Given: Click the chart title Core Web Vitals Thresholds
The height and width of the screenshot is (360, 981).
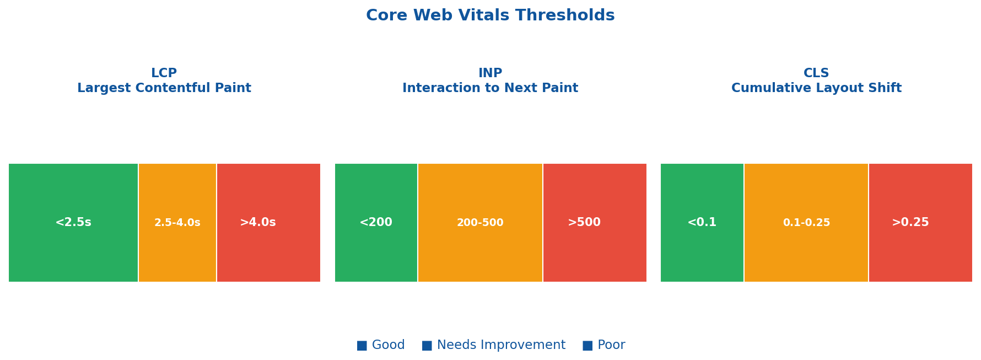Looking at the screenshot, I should tap(490, 15).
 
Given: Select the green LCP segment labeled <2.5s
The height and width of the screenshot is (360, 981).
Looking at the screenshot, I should tap(73, 223).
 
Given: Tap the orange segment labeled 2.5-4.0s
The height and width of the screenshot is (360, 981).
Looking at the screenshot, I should tap(177, 223).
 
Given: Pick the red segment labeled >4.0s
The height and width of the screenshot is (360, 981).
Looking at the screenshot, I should tap(268, 223).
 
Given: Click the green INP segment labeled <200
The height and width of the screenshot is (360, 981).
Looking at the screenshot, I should tap(376, 223).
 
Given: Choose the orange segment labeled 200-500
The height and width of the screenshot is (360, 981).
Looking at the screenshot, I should tap(480, 223).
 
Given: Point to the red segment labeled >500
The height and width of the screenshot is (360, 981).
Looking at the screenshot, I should tap(595, 223).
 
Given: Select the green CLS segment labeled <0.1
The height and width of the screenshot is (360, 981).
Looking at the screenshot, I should tap(702, 223).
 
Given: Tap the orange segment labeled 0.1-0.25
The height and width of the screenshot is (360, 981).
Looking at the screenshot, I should tap(806, 223).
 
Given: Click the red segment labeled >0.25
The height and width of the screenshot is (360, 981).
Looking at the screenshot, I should tap(920, 223).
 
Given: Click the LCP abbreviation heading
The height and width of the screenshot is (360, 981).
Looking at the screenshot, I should tap(164, 73).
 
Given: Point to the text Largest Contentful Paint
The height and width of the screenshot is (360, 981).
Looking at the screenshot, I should tap(164, 88).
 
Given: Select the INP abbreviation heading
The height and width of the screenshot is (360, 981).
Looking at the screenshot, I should tap(490, 73).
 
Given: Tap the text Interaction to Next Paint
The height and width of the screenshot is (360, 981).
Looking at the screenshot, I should tap(490, 88).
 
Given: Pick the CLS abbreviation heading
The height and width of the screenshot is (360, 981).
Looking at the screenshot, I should tap(816, 73).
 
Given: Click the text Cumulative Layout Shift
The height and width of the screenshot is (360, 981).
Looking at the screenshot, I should tap(816, 88).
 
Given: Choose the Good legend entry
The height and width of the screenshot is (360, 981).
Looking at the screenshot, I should tap(388, 345).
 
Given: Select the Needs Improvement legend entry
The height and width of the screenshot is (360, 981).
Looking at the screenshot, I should tap(501, 345).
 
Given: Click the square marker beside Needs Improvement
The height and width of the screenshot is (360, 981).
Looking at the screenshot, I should tap(427, 346).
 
